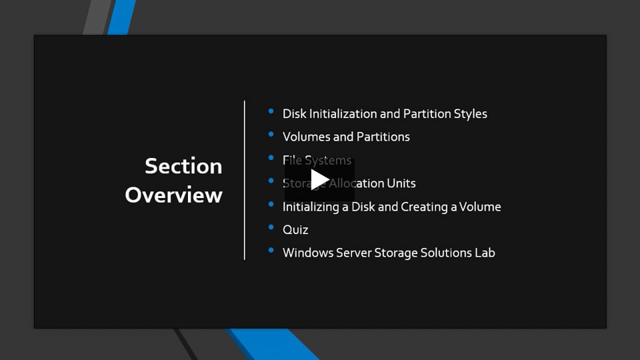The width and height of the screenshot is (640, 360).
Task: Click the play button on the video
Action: click(319, 179)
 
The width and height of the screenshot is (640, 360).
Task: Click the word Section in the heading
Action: click(183, 166)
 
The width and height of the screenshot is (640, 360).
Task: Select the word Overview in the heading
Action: click(173, 195)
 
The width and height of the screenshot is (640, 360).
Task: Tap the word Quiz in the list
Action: click(295, 230)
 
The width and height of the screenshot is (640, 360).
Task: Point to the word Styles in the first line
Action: click(471, 114)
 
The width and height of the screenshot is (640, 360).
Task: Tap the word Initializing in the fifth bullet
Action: click(311, 207)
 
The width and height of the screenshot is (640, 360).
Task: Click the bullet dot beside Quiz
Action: click(271, 227)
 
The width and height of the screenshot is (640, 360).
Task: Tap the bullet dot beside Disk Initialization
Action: click(271, 111)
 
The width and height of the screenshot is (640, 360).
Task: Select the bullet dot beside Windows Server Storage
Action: click(271, 251)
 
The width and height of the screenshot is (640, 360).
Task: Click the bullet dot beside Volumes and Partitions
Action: click(271, 135)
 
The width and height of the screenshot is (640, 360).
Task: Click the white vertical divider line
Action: click(245, 180)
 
